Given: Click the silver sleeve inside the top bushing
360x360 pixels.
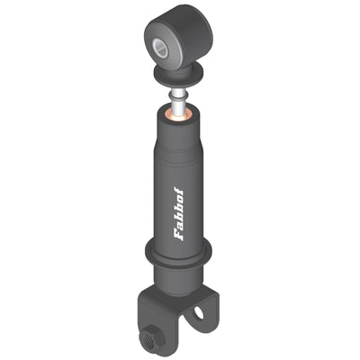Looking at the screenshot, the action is [160, 47].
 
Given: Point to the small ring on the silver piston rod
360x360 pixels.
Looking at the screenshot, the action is [179, 95].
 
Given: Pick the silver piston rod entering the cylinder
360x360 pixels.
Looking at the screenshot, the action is [179, 101].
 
